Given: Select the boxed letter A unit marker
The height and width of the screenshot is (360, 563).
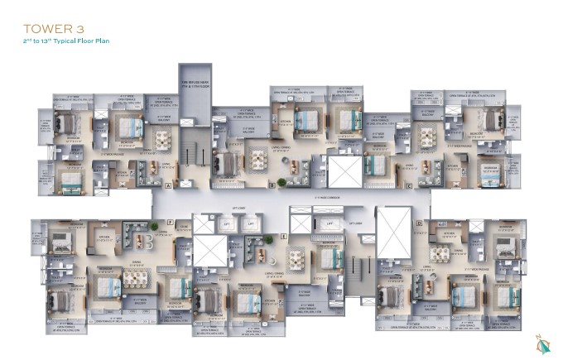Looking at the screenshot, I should (168, 187).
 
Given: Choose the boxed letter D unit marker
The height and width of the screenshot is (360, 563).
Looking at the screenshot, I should (419, 223).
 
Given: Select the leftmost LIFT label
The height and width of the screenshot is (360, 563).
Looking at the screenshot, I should (224, 224).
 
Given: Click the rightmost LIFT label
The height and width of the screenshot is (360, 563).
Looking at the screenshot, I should (329, 223).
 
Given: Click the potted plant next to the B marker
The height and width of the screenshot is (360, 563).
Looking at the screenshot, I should (281, 182).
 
